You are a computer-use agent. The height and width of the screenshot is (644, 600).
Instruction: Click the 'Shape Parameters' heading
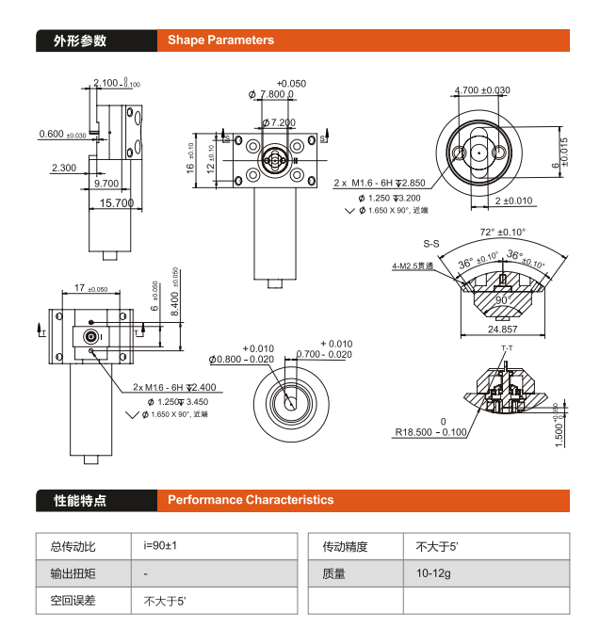[220, 40]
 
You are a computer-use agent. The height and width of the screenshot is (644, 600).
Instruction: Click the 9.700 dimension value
[106, 184]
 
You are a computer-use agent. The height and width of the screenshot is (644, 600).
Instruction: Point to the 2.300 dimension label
[64, 169]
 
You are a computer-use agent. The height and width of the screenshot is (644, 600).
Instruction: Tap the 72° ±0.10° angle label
[502, 232]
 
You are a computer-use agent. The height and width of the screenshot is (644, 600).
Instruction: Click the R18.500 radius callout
[430, 432]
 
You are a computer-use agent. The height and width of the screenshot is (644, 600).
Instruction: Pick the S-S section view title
[432, 243]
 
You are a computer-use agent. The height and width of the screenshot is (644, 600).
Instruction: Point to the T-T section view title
[507, 349]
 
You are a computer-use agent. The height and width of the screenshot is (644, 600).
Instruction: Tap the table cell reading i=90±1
[161, 546]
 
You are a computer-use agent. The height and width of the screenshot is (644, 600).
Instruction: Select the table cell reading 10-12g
[433, 573]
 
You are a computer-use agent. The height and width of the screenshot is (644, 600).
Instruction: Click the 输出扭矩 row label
[65, 573]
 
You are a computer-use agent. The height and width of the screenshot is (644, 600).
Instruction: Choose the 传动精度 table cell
[345, 546]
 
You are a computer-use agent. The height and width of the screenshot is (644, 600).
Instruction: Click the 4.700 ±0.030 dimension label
[482, 90]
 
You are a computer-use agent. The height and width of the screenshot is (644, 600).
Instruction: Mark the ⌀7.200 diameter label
[279, 123]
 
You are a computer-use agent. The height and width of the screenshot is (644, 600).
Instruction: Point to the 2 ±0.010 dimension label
[513, 201]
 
